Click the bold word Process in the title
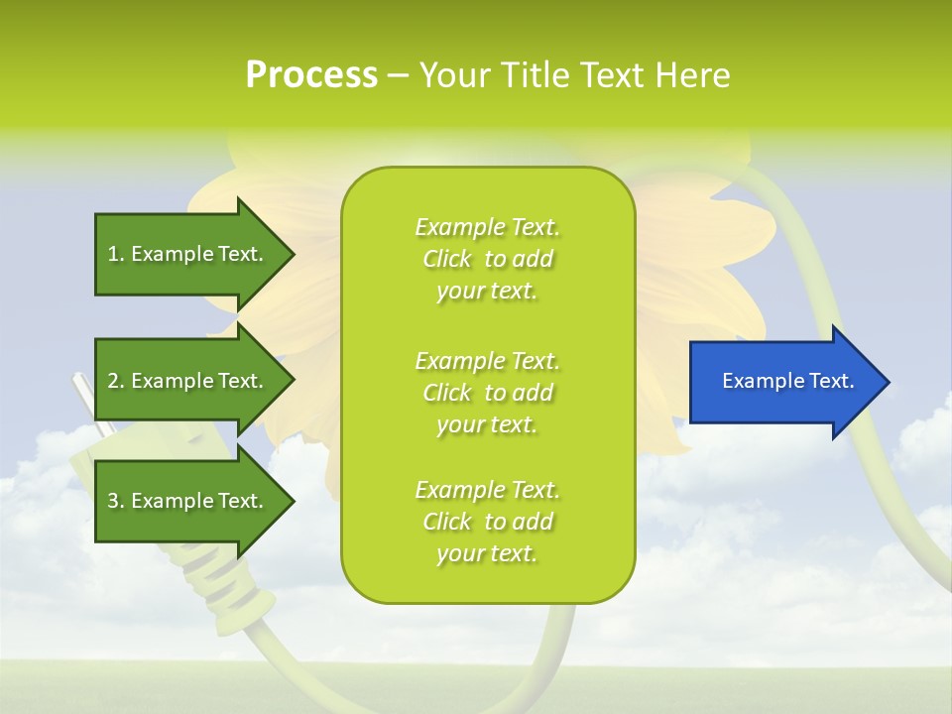pyautogui.click(x=311, y=74)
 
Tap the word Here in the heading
pyautogui.click(x=691, y=74)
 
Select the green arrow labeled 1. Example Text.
pyautogui.click(x=188, y=254)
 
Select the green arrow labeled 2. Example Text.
pyautogui.click(x=188, y=381)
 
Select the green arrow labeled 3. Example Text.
pyautogui.click(x=188, y=501)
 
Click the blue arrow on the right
pyautogui.click(x=783, y=381)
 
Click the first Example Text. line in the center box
pyautogui.click(x=487, y=227)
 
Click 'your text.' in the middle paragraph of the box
pyautogui.click(x=487, y=424)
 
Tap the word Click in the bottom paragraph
pyautogui.click(x=447, y=522)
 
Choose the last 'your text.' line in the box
pyautogui.click(x=487, y=554)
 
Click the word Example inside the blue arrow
pyautogui.click(x=758, y=381)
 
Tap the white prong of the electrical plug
pyautogui.click(x=83, y=397)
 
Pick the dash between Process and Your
pyautogui.click(x=398, y=75)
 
